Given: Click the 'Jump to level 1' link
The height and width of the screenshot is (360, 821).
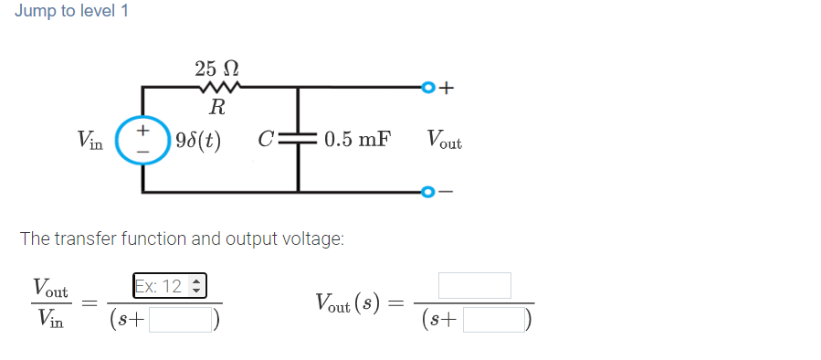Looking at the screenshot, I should pyautogui.click(x=71, y=11).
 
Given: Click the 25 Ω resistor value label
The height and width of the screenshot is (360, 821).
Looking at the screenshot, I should pyautogui.click(x=217, y=68).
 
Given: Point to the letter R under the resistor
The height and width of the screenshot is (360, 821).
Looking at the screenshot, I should pyautogui.click(x=217, y=108).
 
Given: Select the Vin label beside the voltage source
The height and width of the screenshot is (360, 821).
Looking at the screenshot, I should pyautogui.click(x=90, y=141).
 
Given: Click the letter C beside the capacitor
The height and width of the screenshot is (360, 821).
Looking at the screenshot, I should pyautogui.click(x=266, y=141).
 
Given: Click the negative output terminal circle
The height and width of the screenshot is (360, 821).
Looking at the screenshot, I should pyautogui.click(x=426, y=192).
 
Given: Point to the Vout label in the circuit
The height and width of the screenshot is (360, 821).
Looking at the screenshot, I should pyautogui.click(x=444, y=142).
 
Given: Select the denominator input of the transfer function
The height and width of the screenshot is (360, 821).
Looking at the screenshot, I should pyautogui.click(x=182, y=321).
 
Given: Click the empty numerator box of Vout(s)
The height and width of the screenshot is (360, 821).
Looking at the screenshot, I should pyautogui.click(x=474, y=286).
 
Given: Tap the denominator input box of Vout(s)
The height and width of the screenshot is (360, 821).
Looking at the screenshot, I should pyautogui.click(x=494, y=321).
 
